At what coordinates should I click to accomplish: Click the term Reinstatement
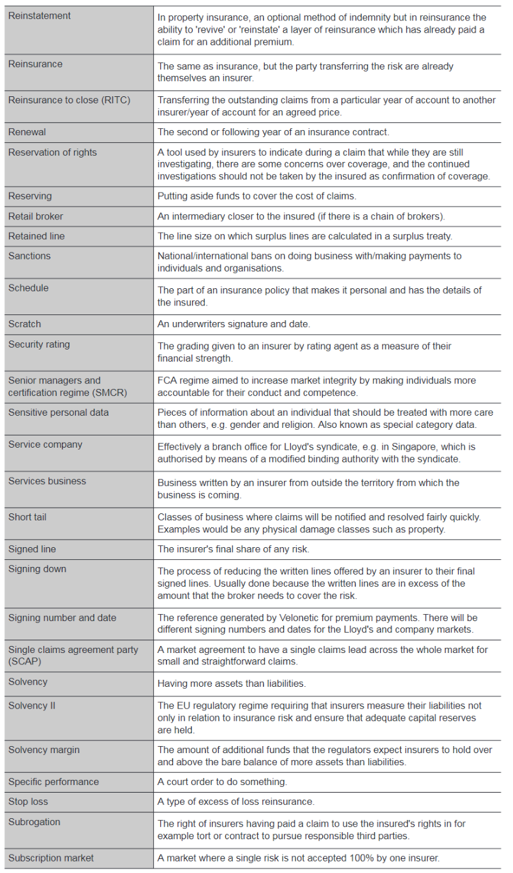click(x=40, y=15)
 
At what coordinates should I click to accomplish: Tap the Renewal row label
click(x=27, y=132)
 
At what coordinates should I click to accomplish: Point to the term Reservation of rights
click(x=52, y=152)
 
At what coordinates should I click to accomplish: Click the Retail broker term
click(x=36, y=216)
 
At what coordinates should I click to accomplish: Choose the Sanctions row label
click(x=29, y=256)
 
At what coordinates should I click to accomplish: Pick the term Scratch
click(x=25, y=324)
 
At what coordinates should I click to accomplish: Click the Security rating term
click(x=39, y=344)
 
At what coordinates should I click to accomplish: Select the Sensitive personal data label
click(x=59, y=413)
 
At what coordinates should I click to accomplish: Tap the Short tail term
click(x=28, y=517)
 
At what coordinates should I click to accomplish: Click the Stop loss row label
click(x=28, y=802)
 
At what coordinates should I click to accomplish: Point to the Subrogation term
click(x=34, y=822)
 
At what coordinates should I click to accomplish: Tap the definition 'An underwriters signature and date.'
click(x=234, y=325)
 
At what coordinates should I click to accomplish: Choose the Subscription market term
click(x=50, y=858)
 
